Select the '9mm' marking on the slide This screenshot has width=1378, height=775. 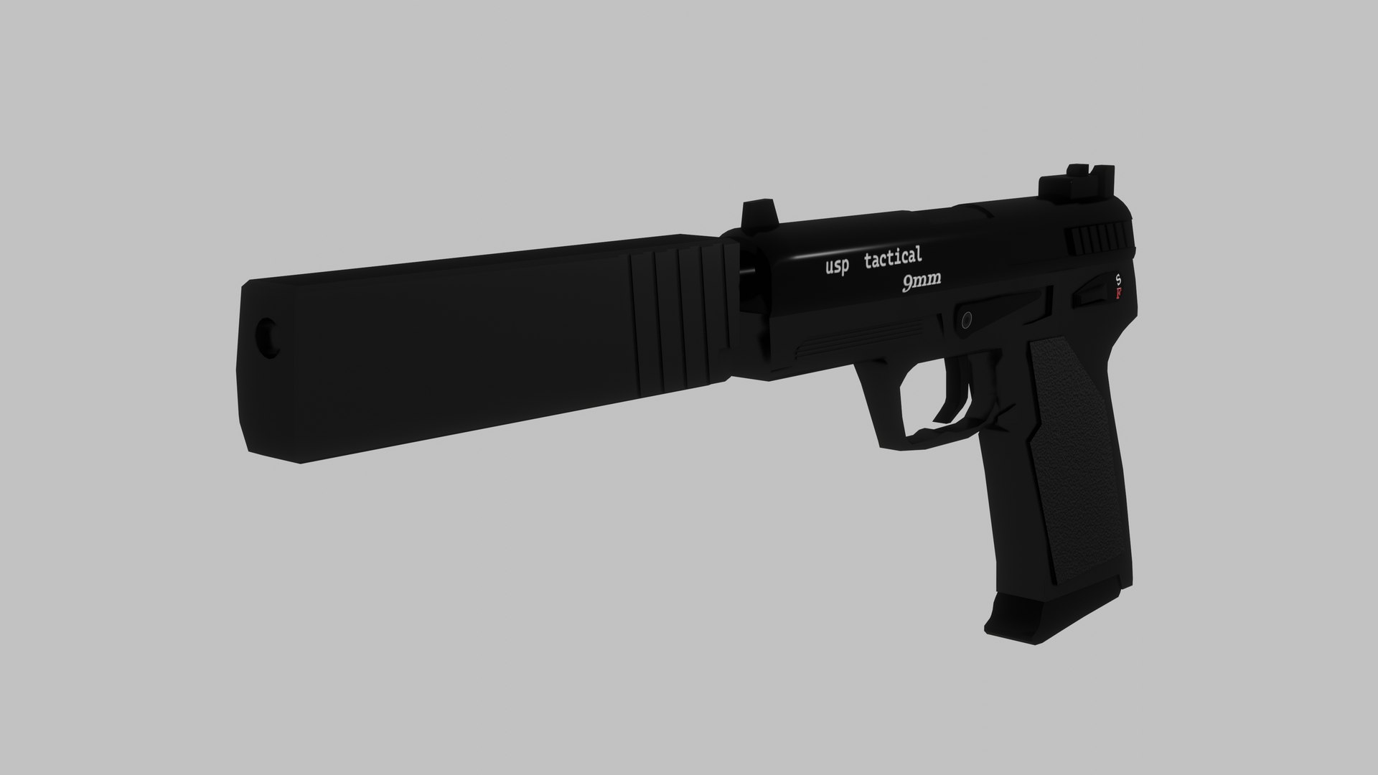click(x=922, y=284)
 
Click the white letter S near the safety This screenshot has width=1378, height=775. click(x=1117, y=278)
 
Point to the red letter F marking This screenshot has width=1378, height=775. click(x=1118, y=294)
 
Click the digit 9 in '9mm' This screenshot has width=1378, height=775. click(x=908, y=285)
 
